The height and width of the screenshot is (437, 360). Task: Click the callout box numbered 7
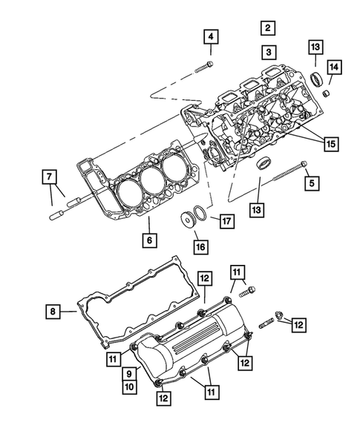point(48,176)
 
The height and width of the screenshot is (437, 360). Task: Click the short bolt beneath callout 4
point(204,65)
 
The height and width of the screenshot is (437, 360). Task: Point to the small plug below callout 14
point(324,93)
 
